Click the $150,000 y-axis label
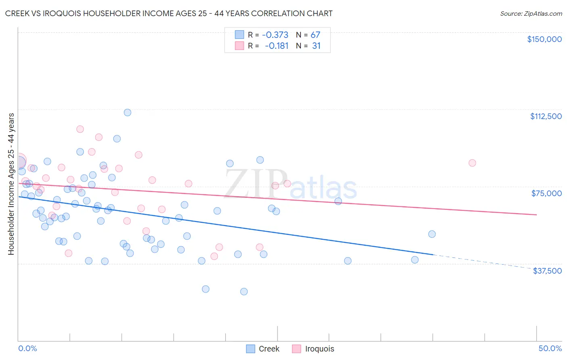coord(544,39)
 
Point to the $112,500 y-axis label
coord(546,116)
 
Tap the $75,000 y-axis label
coord(546,193)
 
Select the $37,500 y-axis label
coord(547,271)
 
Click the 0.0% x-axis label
coord(27,348)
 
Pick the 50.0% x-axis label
coord(550,348)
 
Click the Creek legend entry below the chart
coord(269,349)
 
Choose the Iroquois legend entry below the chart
coord(319,349)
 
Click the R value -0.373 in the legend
coord(275,35)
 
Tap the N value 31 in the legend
coord(316,46)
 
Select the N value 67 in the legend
coord(315,35)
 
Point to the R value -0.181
coord(277,46)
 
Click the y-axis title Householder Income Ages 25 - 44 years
coord(11,184)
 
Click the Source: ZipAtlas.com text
coord(531,14)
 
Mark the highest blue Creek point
coord(127,113)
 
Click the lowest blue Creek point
coord(244,291)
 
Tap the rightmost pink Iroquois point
coord(472,163)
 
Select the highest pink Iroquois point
coord(80,129)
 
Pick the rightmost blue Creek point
coord(432,234)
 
